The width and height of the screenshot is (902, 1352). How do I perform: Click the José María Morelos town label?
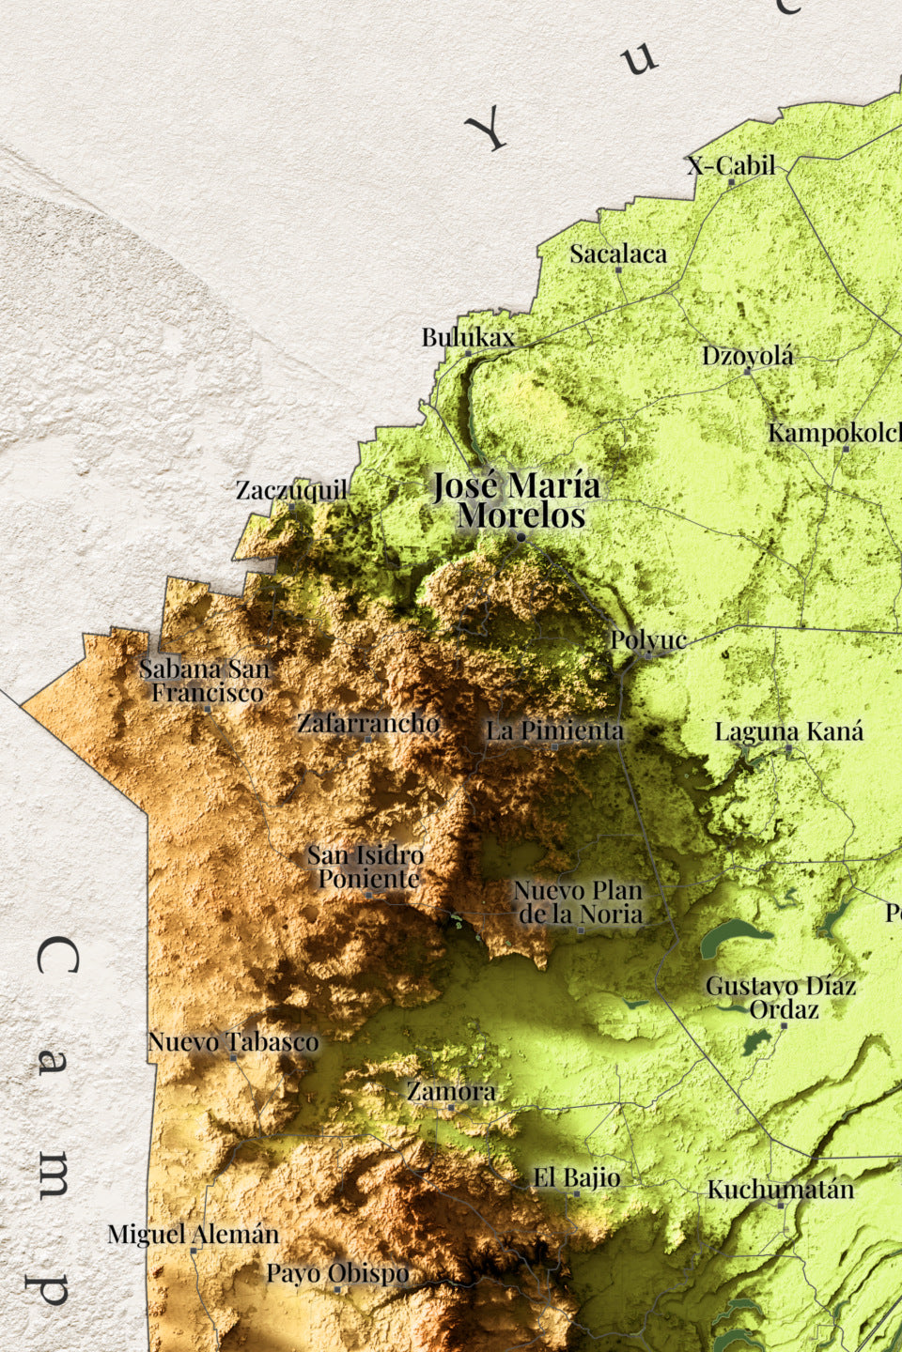[x=516, y=500]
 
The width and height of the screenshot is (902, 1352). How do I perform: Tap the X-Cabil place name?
[x=731, y=166]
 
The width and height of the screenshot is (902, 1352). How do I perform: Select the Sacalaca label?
[x=617, y=253]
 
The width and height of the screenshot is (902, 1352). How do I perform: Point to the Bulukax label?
[x=467, y=337]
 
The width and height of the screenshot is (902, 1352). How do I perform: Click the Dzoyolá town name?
[x=747, y=356]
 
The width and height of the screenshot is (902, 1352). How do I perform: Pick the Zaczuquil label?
[x=291, y=490]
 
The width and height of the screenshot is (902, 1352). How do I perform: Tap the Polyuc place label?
[x=648, y=640]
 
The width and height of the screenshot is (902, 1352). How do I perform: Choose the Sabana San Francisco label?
[x=206, y=681]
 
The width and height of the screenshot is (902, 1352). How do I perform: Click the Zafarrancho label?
[x=367, y=723]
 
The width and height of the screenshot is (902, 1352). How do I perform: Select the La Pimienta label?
[x=553, y=730]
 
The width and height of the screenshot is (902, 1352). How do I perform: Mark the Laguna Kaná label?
[x=788, y=731]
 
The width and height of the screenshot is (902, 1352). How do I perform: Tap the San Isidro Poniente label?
[x=366, y=867]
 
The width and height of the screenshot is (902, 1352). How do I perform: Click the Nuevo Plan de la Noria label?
[x=579, y=901]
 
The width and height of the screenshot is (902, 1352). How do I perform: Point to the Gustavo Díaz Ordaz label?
[x=781, y=997]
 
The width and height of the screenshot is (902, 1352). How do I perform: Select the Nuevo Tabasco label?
[x=233, y=1041]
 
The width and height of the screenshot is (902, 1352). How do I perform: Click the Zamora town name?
[x=451, y=1091]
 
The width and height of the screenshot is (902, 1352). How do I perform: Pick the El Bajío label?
[x=576, y=1177]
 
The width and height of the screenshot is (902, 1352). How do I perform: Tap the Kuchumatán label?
[x=780, y=1190]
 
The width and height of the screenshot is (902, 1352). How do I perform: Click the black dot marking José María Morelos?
[x=521, y=537]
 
